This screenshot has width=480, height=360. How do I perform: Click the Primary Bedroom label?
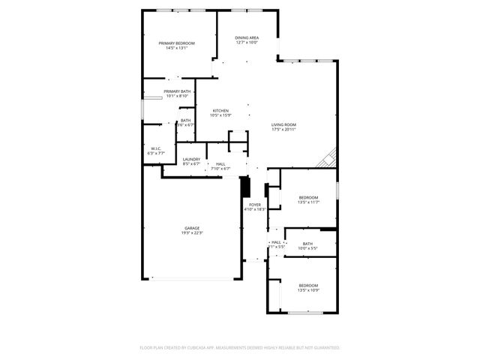pyautogui.click(x=177, y=43)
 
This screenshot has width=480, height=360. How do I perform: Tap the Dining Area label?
pyautogui.click(x=247, y=37)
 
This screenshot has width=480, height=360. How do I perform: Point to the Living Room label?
pyautogui.click(x=283, y=124)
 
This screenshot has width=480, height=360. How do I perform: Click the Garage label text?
pyautogui.click(x=192, y=228)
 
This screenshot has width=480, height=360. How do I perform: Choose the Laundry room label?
pyautogui.click(x=191, y=159)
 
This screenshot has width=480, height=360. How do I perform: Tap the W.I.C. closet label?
pyautogui.click(x=156, y=148)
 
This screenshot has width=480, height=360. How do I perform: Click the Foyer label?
pyautogui.click(x=255, y=204)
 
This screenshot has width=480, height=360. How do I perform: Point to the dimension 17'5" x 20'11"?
pyautogui.click(x=283, y=130)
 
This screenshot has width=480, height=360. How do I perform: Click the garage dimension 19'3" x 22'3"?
pyautogui.click(x=192, y=233)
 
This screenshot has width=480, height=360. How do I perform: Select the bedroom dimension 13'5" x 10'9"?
pyautogui.click(x=308, y=290)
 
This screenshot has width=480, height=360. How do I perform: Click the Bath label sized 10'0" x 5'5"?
pyautogui.click(x=307, y=243)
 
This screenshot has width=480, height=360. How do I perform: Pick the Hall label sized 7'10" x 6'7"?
pyautogui.click(x=220, y=163)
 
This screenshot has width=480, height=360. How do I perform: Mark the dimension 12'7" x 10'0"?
pyautogui.click(x=247, y=43)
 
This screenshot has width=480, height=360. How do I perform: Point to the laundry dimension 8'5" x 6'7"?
pyautogui.click(x=191, y=164)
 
